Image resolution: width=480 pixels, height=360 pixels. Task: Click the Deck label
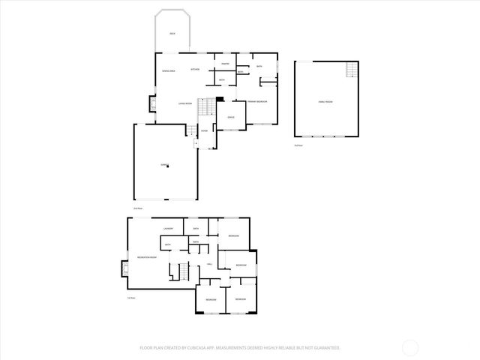[x=172, y=34]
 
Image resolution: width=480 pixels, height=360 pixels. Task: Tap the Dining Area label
[x=169, y=70]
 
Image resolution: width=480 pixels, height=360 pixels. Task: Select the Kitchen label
[x=195, y=70]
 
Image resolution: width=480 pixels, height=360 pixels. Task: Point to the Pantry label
[x=224, y=64]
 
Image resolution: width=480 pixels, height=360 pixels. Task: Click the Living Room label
[x=185, y=103]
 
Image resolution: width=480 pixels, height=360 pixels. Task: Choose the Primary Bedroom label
[x=257, y=100]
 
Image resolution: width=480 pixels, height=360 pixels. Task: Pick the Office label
[x=232, y=117]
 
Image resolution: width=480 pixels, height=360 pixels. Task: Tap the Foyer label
[x=204, y=130]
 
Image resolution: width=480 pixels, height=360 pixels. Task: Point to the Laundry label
[x=169, y=228]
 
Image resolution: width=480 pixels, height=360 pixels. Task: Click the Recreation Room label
[x=147, y=257]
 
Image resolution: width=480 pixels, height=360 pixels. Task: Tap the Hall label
[x=209, y=264]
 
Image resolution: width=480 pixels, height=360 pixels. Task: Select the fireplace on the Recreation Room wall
[x=124, y=268]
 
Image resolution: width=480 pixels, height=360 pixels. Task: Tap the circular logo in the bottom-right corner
[x=410, y=347]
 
